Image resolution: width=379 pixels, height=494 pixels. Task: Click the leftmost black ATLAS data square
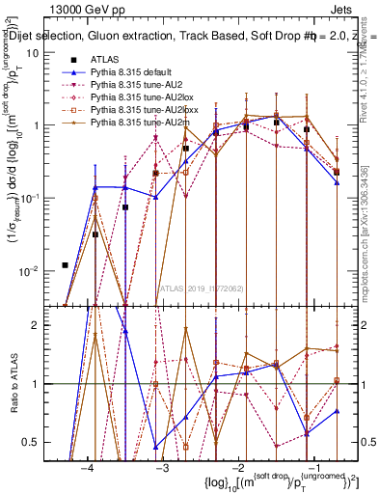pos(65,265)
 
